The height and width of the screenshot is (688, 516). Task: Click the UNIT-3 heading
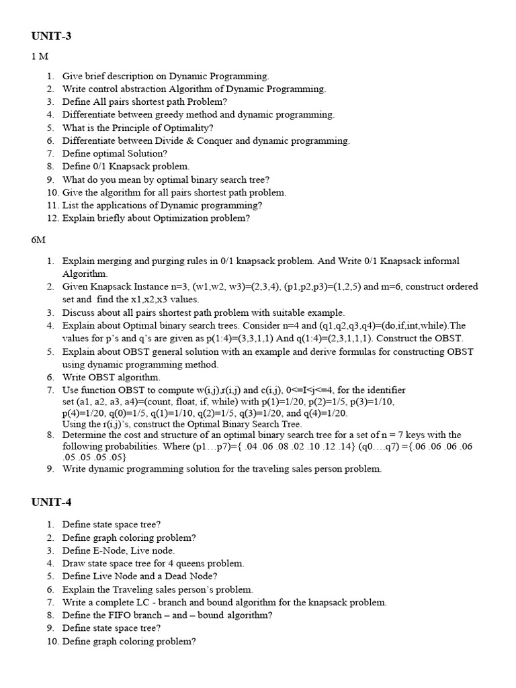[x=51, y=36]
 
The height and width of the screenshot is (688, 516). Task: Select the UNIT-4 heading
[x=51, y=503]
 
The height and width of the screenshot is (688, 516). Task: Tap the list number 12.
[x=52, y=218]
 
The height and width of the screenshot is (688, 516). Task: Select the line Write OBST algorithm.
[x=111, y=378]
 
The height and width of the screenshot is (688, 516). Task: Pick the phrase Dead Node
[x=189, y=576]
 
